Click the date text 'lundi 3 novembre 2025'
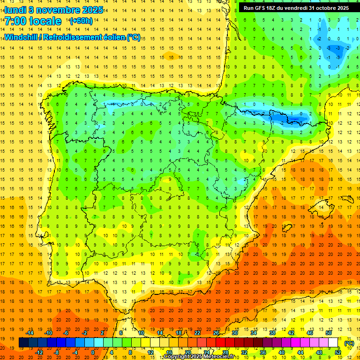click(54, 9)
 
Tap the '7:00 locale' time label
click(33, 21)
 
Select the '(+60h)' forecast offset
click(81, 21)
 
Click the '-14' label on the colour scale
click(30, 332)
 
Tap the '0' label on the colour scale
click(93, 352)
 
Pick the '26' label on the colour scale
click(216, 332)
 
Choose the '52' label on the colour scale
click(338, 352)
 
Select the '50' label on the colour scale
click(329, 332)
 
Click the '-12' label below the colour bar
click(39, 352)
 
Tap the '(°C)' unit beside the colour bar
click(349, 343)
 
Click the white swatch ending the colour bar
click(333, 343)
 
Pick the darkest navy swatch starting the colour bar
click(23, 343)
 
